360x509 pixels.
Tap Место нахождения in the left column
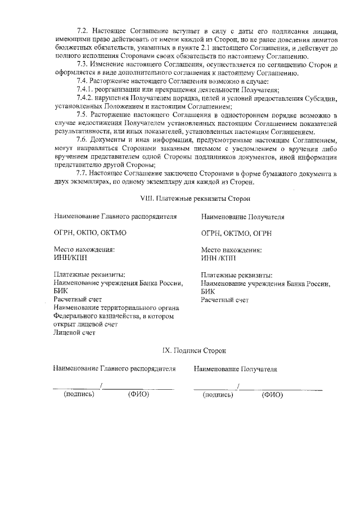tap(84, 249)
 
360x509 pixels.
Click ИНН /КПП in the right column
tap(219, 258)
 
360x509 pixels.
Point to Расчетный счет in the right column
tap(224, 300)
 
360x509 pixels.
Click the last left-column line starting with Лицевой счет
tap(74, 332)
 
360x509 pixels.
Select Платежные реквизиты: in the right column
tap(237, 275)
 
